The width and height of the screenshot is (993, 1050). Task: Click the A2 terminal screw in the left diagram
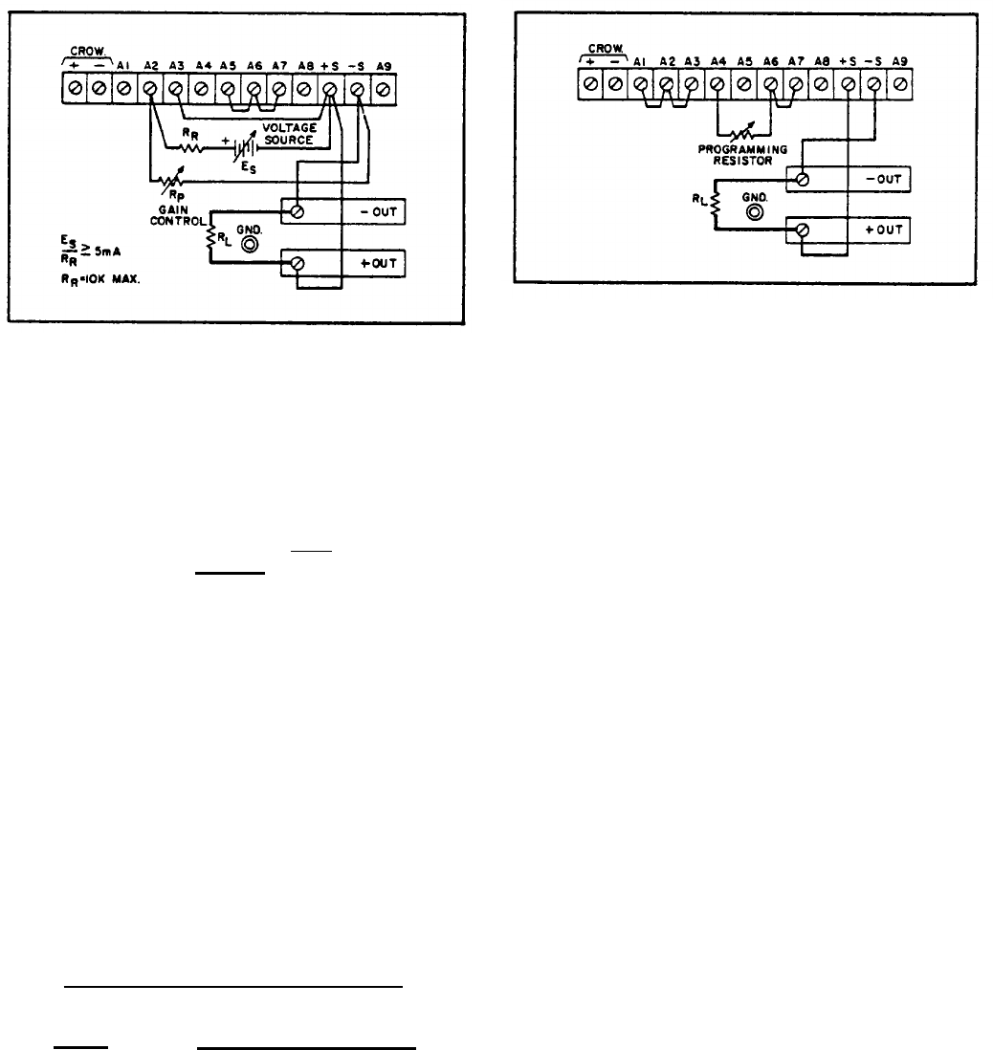pyautogui.click(x=150, y=90)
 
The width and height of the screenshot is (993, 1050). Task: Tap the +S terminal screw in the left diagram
pyautogui.click(x=330, y=90)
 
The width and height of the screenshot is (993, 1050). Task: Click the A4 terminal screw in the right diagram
pyautogui.click(x=717, y=83)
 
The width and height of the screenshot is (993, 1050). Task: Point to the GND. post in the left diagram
pyautogui.click(x=251, y=245)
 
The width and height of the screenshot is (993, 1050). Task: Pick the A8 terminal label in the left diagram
pyautogui.click(x=303, y=65)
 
